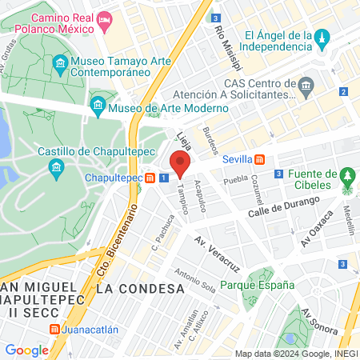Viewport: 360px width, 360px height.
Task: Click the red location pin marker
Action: coord(180,162)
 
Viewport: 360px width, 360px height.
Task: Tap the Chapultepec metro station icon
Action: coord(150,178)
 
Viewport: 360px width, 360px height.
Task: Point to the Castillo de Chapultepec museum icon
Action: coord(56,166)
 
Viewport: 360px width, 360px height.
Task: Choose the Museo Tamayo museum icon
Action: coord(61,63)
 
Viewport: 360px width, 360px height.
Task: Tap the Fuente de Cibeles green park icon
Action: coord(347,176)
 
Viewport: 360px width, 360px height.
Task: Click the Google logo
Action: coord(26,350)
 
